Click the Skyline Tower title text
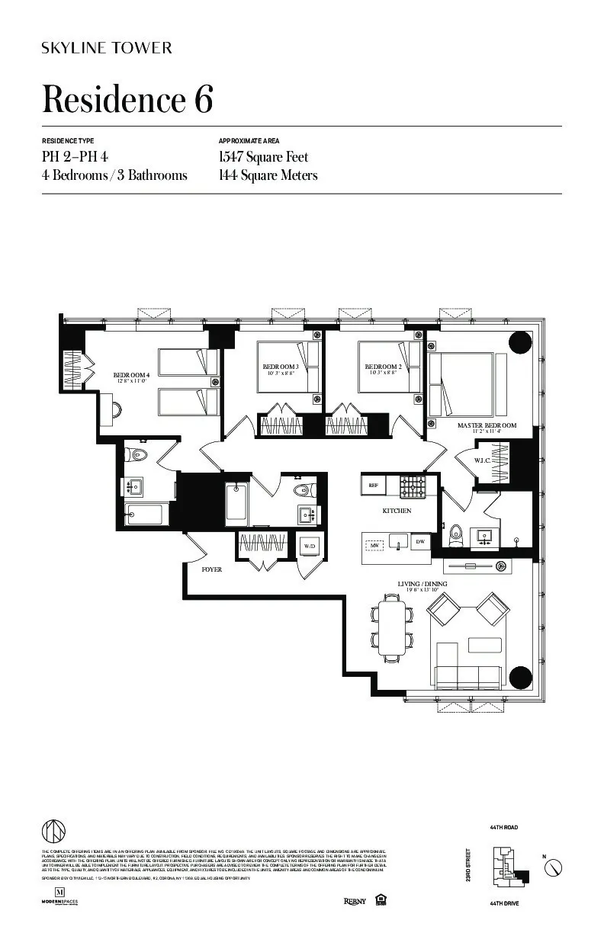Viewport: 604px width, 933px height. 107,48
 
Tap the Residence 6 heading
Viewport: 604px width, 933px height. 127,100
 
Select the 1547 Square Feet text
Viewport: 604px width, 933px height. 263,157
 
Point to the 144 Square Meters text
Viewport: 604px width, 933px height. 268,175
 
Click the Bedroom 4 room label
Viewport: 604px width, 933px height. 132,375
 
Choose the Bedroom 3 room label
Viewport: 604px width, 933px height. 280,367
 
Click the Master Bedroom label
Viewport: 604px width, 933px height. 487,425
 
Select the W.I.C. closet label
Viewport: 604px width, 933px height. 482,460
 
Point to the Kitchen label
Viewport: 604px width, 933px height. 397,511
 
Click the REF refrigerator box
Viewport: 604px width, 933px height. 374,485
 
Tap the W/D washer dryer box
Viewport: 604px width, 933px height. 310,547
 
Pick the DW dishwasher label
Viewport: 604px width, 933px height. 419,542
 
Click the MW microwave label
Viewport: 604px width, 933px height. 375,546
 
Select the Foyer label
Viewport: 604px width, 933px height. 211,569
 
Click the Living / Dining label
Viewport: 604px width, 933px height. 422,584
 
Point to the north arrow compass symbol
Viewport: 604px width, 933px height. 556,867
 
